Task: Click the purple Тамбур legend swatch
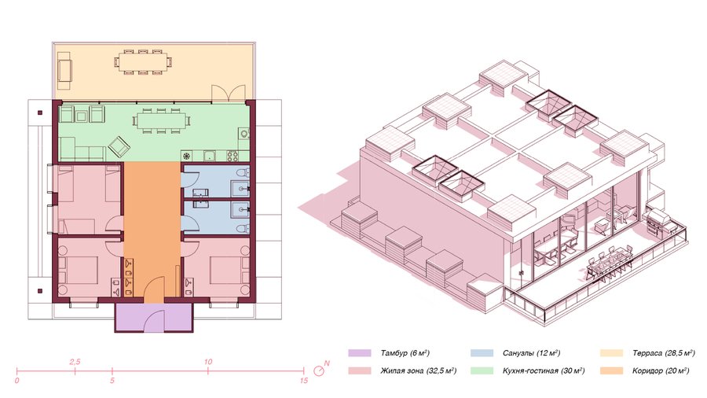tap(359, 353)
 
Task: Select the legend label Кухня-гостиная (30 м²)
tap(544, 371)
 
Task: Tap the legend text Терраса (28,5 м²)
tap(663, 353)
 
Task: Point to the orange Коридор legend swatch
tap(611, 371)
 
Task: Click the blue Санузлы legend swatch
tap(482, 353)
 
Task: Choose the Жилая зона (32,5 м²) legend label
tap(419, 371)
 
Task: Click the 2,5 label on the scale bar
tap(75, 362)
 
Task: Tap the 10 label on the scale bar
tap(208, 362)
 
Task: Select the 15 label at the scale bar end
tap(304, 381)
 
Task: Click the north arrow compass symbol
tap(321, 370)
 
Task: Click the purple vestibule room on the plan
tap(154, 317)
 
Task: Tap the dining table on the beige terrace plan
tap(143, 62)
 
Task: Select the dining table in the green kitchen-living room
tap(161, 121)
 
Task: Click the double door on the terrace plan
tap(223, 93)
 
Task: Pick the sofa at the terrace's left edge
tap(65, 70)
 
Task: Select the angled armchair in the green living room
tap(119, 146)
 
